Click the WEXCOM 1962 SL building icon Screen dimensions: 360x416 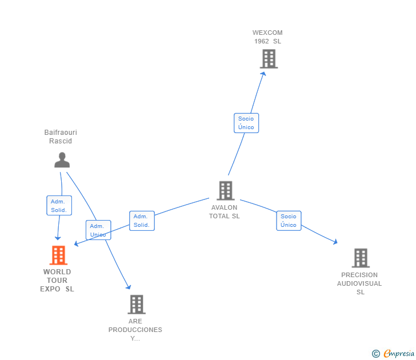(269, 59)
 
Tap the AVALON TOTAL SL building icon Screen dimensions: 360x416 (226, 191)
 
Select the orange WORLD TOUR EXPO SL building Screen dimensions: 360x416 (58, 255)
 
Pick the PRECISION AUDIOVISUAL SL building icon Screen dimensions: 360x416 (360, 258)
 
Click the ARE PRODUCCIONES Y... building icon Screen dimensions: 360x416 (136, 305)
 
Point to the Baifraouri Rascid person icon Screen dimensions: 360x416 (62, 160)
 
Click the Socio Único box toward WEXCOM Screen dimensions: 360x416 (246, 123)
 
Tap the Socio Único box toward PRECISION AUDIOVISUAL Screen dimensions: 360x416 (289, 221)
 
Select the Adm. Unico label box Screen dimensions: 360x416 (98, 230)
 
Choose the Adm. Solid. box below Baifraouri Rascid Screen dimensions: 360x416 (59, 206)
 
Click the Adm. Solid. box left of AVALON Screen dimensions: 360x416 (142, 221)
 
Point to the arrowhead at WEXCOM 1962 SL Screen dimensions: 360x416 (263, 74)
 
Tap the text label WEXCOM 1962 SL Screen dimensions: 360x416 (267, 37)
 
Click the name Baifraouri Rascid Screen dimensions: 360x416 (61, 137)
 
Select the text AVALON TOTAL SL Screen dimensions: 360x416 (225, 212)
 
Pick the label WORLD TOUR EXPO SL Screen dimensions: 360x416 (57, 281)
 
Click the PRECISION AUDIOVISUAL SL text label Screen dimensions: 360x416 (359, 283)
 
